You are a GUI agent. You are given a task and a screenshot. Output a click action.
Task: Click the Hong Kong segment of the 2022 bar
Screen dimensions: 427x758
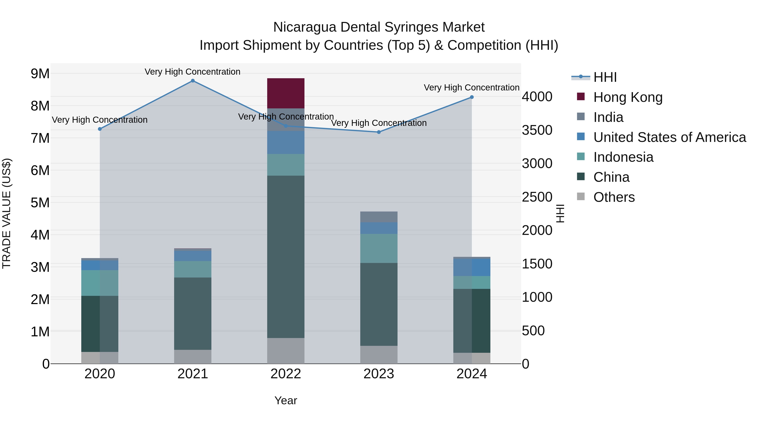pyautogui.click(x=286, y=93)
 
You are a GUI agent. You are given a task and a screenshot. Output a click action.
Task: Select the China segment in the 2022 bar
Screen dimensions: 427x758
pyautogui.click(x=286, y=256)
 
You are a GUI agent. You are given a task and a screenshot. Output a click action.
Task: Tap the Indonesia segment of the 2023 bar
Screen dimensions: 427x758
pyautogui.click(x=379, y=248)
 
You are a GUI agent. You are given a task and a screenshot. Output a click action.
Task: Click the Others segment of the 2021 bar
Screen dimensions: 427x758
pyautogui.click(x=193, y=357)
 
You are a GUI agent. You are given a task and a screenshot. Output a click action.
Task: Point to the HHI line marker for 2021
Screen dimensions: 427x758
pyautogui.click(x=193, y=81)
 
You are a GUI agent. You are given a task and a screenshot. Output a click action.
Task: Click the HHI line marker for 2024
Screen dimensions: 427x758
pyautogui.click(x=472, y=97)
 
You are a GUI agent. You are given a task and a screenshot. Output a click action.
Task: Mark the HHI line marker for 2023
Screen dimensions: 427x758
pyautogui.click(x=379, y=132)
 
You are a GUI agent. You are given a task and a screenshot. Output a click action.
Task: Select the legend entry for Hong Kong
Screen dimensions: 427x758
pyautogui.click(x=628, y=97)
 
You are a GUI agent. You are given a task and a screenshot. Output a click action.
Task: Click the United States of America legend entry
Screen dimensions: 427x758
pyautogui.click(x=669, y=137)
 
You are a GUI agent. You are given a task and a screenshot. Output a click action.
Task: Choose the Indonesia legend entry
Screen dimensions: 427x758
pyautogui.click(x=623, y=157)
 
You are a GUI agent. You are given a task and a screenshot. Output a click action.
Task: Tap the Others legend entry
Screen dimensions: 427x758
pyautogui.click(x=614, y=197)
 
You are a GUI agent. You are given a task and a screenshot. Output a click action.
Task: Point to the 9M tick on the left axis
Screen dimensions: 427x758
pyautogui.click(x=40, y=74)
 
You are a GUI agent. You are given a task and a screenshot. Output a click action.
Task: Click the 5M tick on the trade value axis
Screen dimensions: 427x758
pyautogui.click(x=40, y=203)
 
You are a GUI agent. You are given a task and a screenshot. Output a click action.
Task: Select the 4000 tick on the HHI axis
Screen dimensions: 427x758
pyautogui.click(x=537, y=97)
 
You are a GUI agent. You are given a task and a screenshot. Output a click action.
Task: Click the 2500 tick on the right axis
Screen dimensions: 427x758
pyautogui.click(x=537, y=197)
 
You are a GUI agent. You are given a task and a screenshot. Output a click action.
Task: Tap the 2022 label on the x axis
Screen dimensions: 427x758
pyautogui.click(x=286, y=374)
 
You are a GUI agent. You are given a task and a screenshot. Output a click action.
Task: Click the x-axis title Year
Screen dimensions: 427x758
pyautogui.click(x=286, y=400)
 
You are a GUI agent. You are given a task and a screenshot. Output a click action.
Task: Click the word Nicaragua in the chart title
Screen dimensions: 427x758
pyautogui.click(x=304, y=27)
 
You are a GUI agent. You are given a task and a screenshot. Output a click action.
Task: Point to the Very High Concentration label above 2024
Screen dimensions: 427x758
pyautogui.click(x=471, y=88)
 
